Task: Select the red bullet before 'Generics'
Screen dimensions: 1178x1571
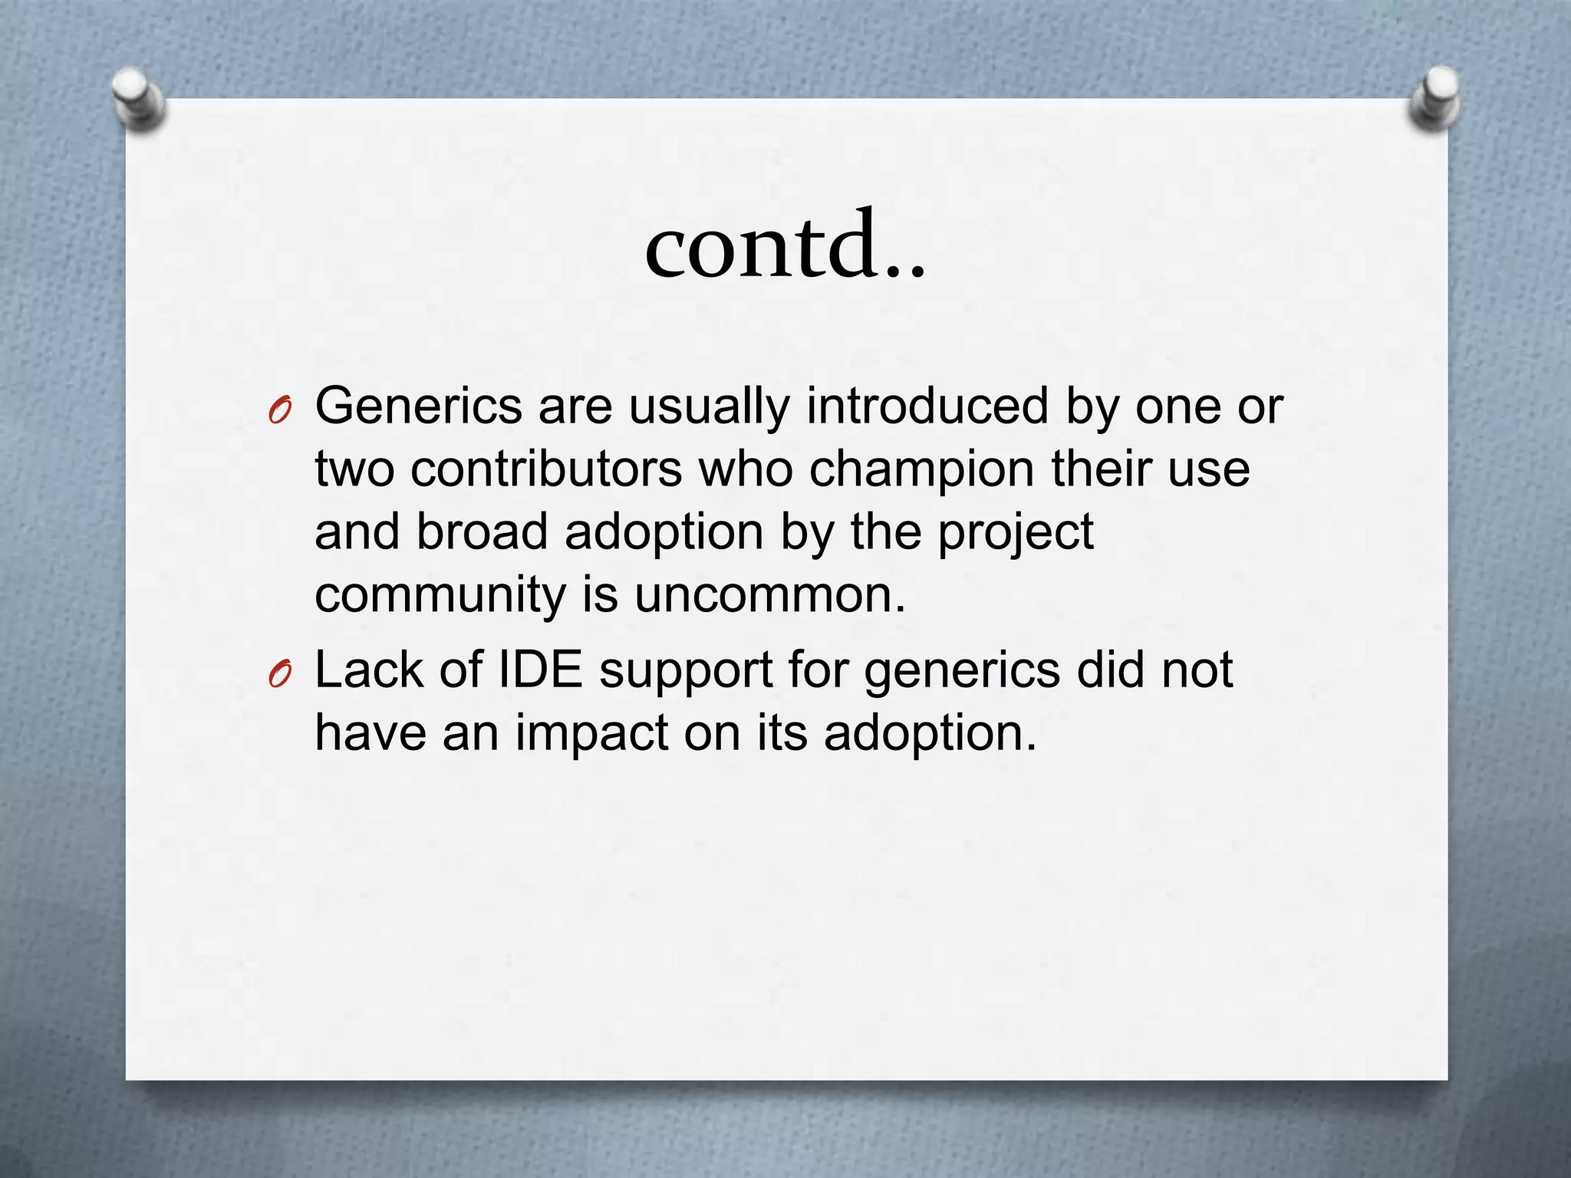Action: tap(281, 413)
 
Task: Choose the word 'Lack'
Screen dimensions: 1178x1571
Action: tap(369, 670)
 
